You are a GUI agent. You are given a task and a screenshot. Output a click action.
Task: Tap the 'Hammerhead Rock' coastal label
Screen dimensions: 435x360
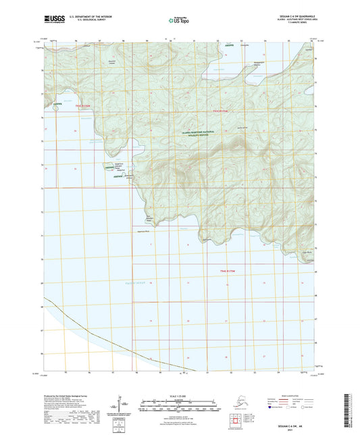coord(138,231)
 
